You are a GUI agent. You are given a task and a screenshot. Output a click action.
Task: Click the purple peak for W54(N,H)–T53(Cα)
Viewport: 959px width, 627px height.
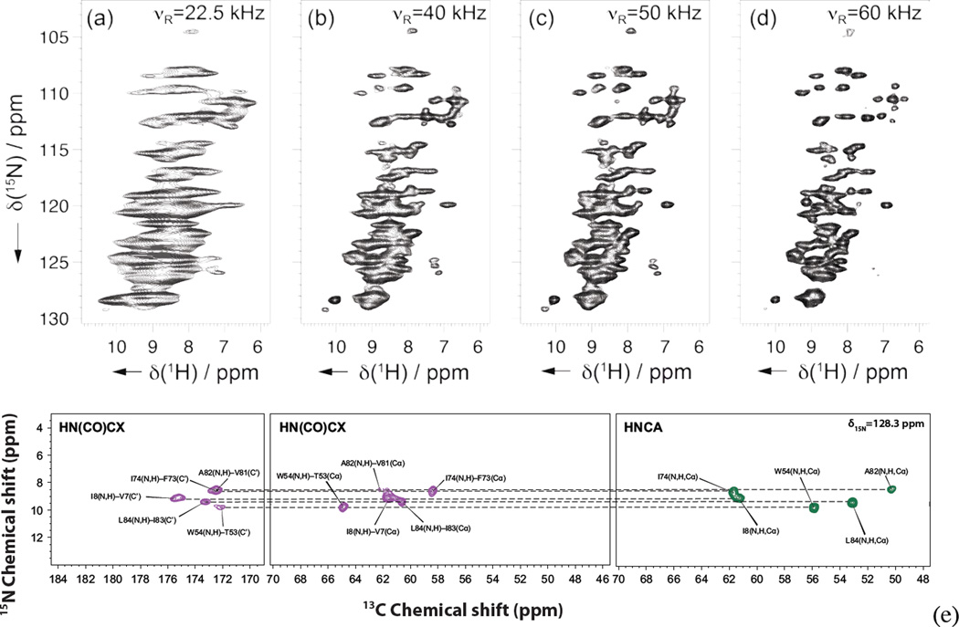tap(343, 507)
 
